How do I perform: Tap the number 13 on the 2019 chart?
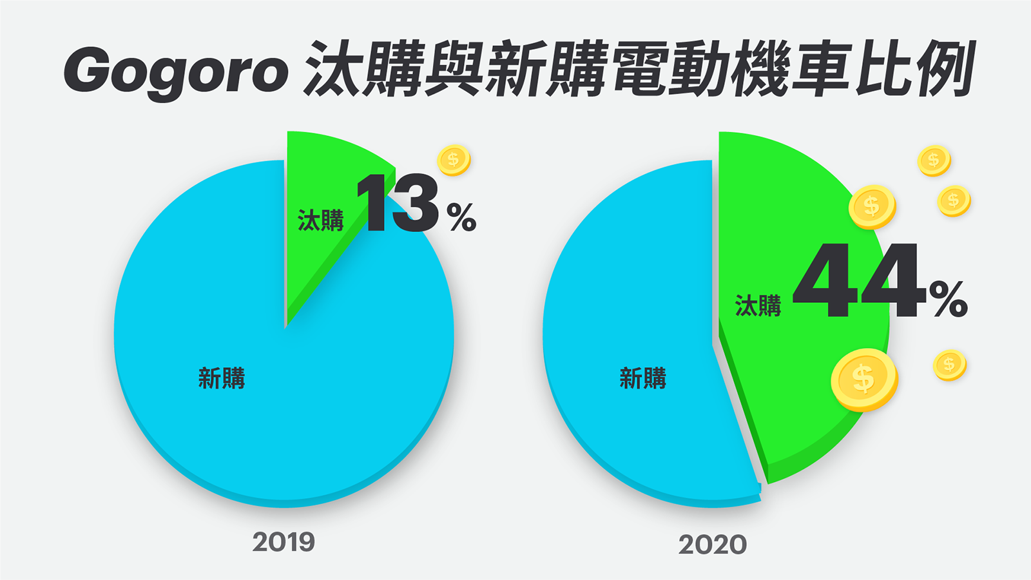pos(398,203)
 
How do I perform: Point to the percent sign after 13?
pos(461,217)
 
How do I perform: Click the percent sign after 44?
pos(948,299)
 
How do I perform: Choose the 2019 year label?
pos(284,542)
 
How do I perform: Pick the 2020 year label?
pos(712,545)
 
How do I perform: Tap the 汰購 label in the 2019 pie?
pos(320,220)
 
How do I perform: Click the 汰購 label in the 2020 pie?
pos(758,305)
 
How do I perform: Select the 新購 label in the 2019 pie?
pos(221,378)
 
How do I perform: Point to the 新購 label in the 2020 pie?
pos(642,378)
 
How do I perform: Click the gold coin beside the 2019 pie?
pos(454,160)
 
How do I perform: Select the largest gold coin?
pos(863,379)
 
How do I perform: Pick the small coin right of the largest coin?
pos(949,365)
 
